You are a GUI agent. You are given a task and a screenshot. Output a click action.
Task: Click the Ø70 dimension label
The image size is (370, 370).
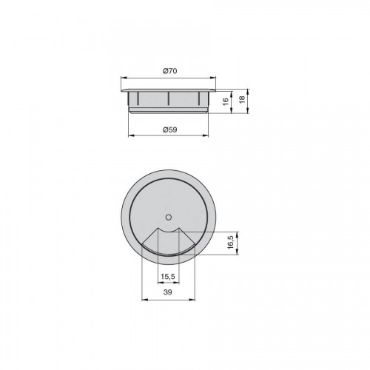[x=170, y=71]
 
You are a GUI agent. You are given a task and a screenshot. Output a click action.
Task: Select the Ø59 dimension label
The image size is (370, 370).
[x=170, y=129]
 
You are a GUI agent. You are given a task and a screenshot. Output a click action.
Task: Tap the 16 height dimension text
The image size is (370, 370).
[x=226, y=101]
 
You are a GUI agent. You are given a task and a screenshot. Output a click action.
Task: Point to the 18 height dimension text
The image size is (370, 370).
[x=242, y=99]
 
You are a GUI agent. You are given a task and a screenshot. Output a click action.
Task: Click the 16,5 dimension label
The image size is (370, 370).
[x=231, y=242]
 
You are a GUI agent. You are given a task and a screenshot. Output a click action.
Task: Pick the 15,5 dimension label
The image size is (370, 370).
[x=168, y=277]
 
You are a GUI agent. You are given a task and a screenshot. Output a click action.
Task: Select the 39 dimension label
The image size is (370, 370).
[x=168, y=292]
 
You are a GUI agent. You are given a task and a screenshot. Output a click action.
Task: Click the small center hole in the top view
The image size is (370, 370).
[x=169, y=217]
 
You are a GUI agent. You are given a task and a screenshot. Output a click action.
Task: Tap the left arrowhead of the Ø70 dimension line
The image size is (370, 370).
[x=124, y=78]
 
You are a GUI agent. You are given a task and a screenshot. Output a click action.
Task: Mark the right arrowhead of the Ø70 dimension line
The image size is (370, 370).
[x=213, y=78]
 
